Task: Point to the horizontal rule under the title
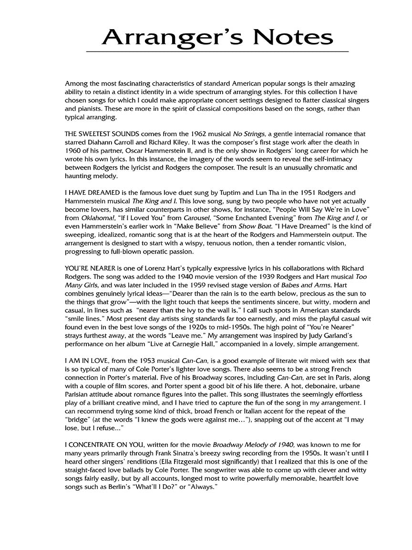coord(217,51)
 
